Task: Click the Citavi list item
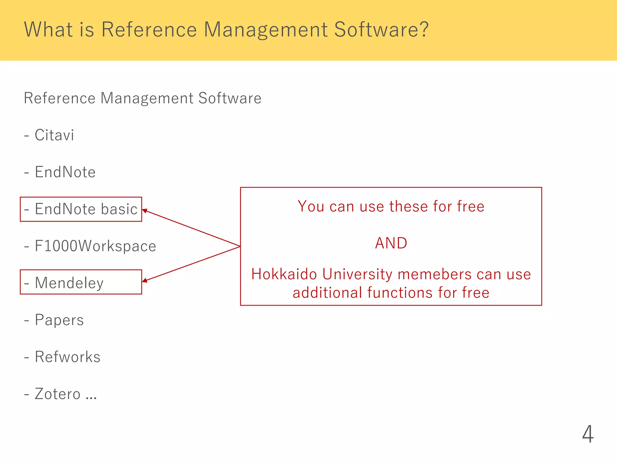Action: click(x=54, y=135)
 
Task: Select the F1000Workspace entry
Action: click(x=95, y=246)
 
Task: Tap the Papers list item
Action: click(x=59, y=320)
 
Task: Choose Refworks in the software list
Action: click(x=67, y=357)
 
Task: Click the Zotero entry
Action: click(x=57, y=394)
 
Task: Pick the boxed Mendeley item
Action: click(x=69, y=283)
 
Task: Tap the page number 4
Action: click(x=587, y=434)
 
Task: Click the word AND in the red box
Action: click(x=391, y=243)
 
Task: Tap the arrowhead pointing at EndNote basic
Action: click(x=144, y=211)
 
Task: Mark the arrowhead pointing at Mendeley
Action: click(x=144, y=281)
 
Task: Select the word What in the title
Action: click(x=48, y=29)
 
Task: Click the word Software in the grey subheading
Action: click(x=230, y=98)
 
